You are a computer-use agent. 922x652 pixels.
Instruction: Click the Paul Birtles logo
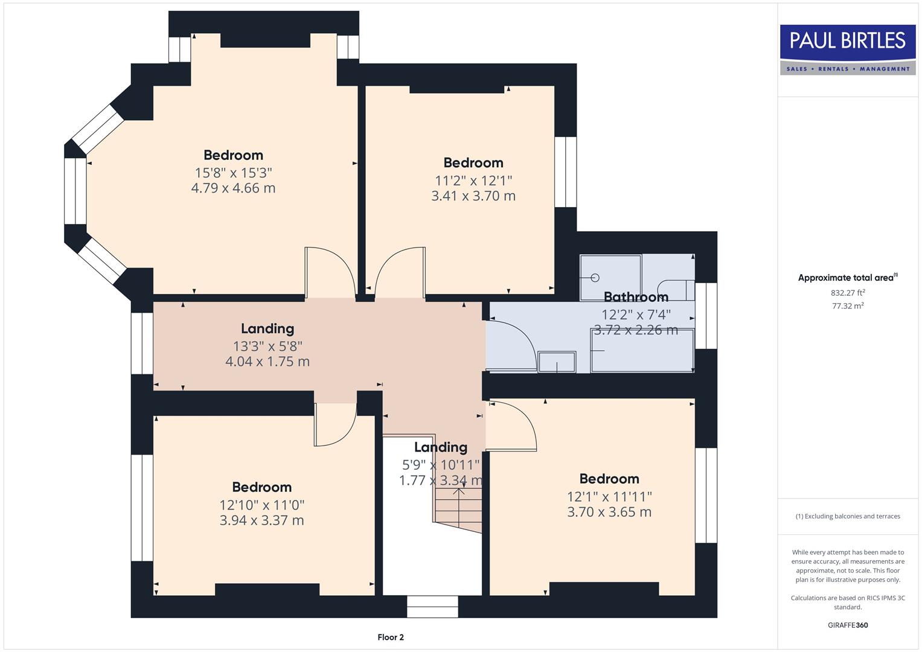(x=848, y=50)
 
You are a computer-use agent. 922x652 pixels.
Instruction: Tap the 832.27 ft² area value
(x=848, y=293)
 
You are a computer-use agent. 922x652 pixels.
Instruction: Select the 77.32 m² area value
(x=848, y=306)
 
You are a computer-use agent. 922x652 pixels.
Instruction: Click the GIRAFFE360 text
(x=848, y=625)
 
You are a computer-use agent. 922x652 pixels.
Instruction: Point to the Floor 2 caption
(x=390, y=637)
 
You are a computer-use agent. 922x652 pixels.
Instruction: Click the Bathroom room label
(x=636, y=296)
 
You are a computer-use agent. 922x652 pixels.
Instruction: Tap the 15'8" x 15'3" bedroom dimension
(x=233, y=173)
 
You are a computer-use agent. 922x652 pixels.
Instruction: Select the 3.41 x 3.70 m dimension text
(x=473, y=196)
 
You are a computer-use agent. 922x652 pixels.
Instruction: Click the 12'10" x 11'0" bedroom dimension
(x=261, y=505)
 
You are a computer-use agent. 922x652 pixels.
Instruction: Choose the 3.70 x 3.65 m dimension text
(x=609, y=512)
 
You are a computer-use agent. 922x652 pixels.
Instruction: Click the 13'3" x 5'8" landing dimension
(x=267, y=346)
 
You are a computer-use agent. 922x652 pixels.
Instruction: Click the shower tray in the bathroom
(x=610, y=277)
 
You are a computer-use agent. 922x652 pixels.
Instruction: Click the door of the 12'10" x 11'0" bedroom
(x=335, y=426)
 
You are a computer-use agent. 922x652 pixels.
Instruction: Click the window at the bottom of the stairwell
(x=432, y=607)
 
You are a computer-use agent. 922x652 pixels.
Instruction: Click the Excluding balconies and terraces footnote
(x=848, y=516)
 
